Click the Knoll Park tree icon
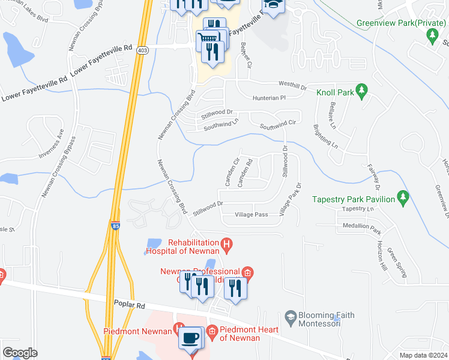click(x=361, y=91)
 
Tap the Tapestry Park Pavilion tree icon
click(x=403, y=197)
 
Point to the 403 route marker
click(x=142, y=51)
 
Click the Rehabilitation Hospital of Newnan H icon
click(x=226, y=244)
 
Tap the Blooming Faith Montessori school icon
click(x=291, y=316)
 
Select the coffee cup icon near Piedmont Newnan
click(x=191, y=338)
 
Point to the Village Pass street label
click(x=251, y=214)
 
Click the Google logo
click(x=19, y=353)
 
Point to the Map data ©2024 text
click(x=423, y=355)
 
